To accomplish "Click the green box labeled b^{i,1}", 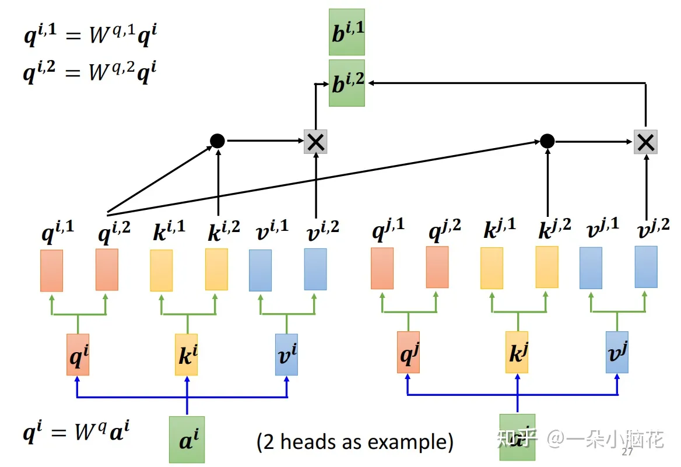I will (x=347, y=32).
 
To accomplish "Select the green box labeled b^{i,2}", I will (x=347, y=82).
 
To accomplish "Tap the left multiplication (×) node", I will (x=315, y=142).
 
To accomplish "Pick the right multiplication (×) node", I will (x=645, y=142).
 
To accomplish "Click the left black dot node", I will (x=217, y=141).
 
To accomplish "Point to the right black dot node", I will (x=547, y=141).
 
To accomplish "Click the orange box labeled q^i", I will (x=78, y=354).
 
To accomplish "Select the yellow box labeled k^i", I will (x=187, y=354).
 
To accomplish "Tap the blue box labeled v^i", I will (x=286, y=354).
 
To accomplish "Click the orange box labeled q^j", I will (x=408, y=352).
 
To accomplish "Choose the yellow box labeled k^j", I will (x=517, y=352).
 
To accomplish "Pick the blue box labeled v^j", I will (x=617, y=352).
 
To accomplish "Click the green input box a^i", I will (x=187, y=439).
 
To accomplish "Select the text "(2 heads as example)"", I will (x=355, y=441).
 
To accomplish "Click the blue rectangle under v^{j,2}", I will (x=646, y=266).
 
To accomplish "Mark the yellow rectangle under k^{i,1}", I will (x=162, y=270).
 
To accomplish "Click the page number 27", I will (x=628, y=452).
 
